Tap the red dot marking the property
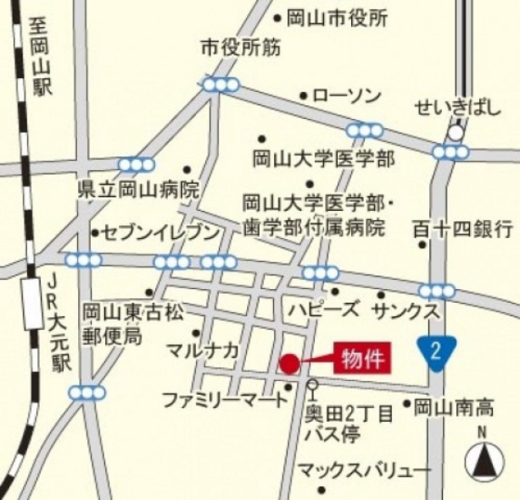click(x=290, y=363)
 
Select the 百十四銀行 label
click(x=461, y=227)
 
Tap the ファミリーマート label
click(x=226, y=401)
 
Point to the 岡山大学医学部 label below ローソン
click(x=324, y=156)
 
